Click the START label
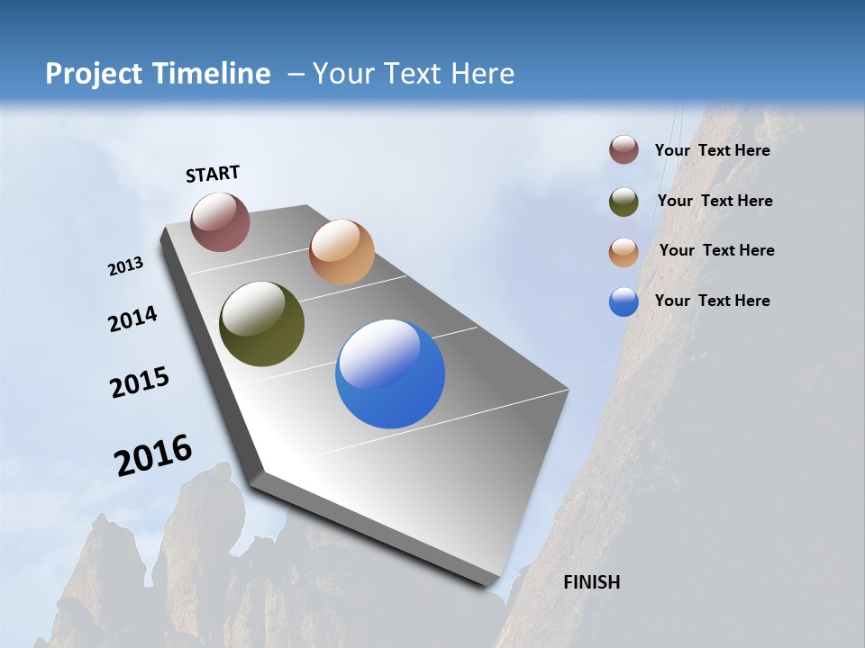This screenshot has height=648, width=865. [213, 174]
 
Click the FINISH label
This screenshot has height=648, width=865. [591, 582]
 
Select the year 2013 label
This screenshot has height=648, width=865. [126, 266]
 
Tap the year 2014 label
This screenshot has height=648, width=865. [133, 319]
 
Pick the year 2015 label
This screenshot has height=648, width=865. [140, 382]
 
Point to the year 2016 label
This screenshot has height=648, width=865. [153, 454]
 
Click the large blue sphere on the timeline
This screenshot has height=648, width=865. [390, 373]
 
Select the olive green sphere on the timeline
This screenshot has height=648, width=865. [261, 324]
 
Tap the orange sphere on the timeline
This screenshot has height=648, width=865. [341, 252]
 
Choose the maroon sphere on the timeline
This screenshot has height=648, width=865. [220, 221]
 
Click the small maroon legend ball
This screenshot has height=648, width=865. [624, 150]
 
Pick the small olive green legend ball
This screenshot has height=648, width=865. [624, 202]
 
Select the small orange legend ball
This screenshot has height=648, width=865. [624, 252]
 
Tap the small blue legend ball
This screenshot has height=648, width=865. [624, 301]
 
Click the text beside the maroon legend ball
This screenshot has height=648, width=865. [712, 150]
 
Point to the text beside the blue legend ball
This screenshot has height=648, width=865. [712, 301]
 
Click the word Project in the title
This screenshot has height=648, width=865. [94, 74]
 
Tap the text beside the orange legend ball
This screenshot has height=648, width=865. [716, 250]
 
